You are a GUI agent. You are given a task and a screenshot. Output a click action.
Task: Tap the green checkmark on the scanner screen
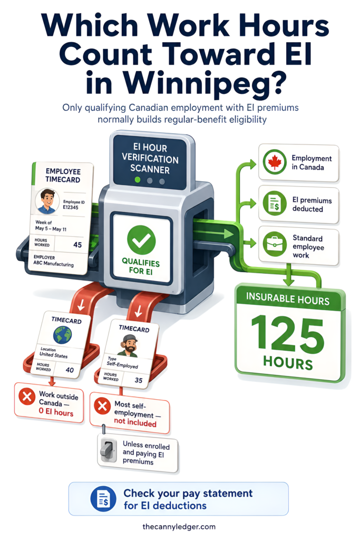141,240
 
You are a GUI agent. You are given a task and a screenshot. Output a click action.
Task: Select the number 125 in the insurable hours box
288,334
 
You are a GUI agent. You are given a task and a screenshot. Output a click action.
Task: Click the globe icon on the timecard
63,334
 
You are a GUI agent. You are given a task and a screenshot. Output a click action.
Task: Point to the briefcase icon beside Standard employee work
275,244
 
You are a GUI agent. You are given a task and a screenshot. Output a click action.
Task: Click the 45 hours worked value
77,245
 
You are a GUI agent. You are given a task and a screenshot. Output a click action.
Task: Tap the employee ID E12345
71,207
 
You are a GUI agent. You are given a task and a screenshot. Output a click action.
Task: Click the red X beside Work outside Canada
27,397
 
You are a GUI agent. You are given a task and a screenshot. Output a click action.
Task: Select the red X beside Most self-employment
102,406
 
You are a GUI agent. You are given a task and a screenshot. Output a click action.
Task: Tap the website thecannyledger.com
179,527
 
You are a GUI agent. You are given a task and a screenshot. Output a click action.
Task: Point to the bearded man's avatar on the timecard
129,345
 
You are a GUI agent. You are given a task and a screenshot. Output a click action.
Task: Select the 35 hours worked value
138,380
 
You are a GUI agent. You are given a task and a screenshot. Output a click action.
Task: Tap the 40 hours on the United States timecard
70,370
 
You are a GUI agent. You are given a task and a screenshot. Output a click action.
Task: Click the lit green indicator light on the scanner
138,180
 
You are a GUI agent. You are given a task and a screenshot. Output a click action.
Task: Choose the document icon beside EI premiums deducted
275,204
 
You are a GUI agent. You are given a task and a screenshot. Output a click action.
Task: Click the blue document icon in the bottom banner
103,499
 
